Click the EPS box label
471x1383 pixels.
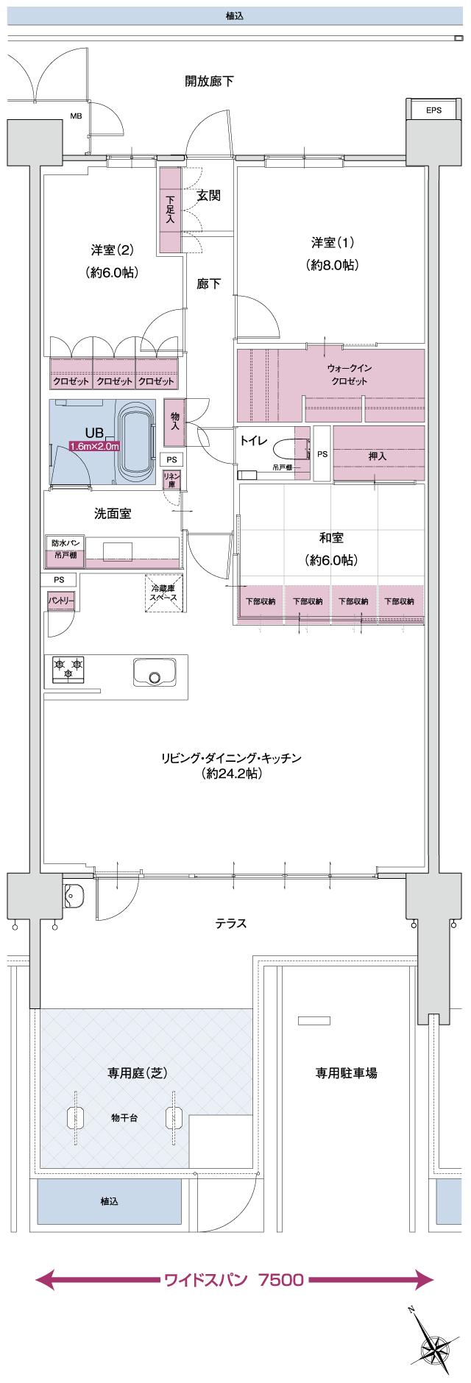[433, 110]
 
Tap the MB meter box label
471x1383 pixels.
[75, 116]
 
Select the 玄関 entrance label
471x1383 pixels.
[208, 196]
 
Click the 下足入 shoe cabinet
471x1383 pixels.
[170, 211]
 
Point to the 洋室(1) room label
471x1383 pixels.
[331, 254]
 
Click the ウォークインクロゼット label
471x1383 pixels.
[348, 374]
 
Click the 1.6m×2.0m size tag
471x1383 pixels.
[94, 446]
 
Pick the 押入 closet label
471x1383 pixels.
[378, 456]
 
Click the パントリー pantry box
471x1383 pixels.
[60, 601]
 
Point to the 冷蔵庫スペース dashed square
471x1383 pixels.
[163, 593]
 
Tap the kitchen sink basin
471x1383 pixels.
[154, 674]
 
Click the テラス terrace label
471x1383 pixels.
[230, 924]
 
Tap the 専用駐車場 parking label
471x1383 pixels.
[346, 1073]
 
